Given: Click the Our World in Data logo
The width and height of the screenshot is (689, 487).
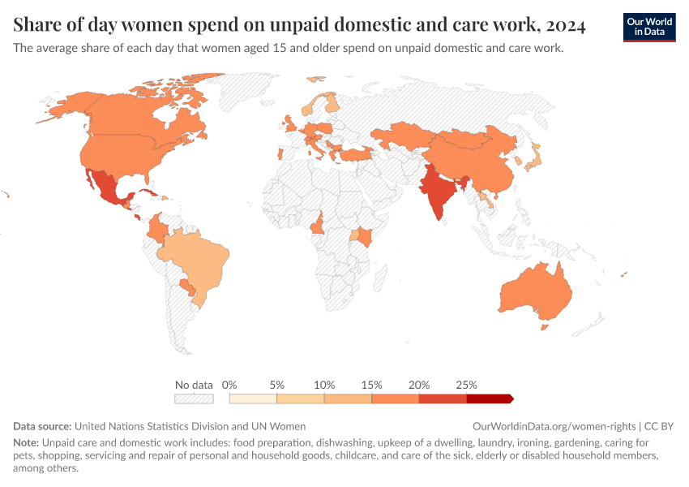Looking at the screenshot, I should click(648, 27).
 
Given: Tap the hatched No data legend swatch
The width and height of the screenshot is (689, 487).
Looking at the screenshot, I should click(194, 399).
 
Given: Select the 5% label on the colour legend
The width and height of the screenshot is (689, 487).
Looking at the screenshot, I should click(277, 385).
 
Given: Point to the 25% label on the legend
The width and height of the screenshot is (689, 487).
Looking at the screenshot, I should click(467, 385).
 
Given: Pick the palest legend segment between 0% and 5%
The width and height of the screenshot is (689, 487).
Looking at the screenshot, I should click(253, 399).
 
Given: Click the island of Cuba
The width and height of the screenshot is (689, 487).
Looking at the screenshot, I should click(151, 193).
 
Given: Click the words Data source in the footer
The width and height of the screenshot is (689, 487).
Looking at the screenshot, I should click(42, 426).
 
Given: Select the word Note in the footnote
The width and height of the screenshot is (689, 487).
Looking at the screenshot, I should click(26, 443).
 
